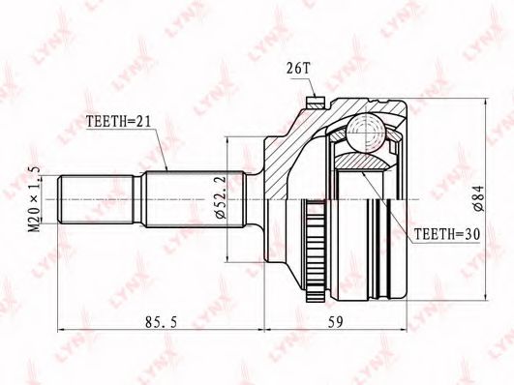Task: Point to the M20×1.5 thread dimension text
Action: pos(34,199)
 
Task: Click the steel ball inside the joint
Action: pos(366,130)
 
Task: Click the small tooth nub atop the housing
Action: pos(314,101)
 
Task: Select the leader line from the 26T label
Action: pos(305,85)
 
